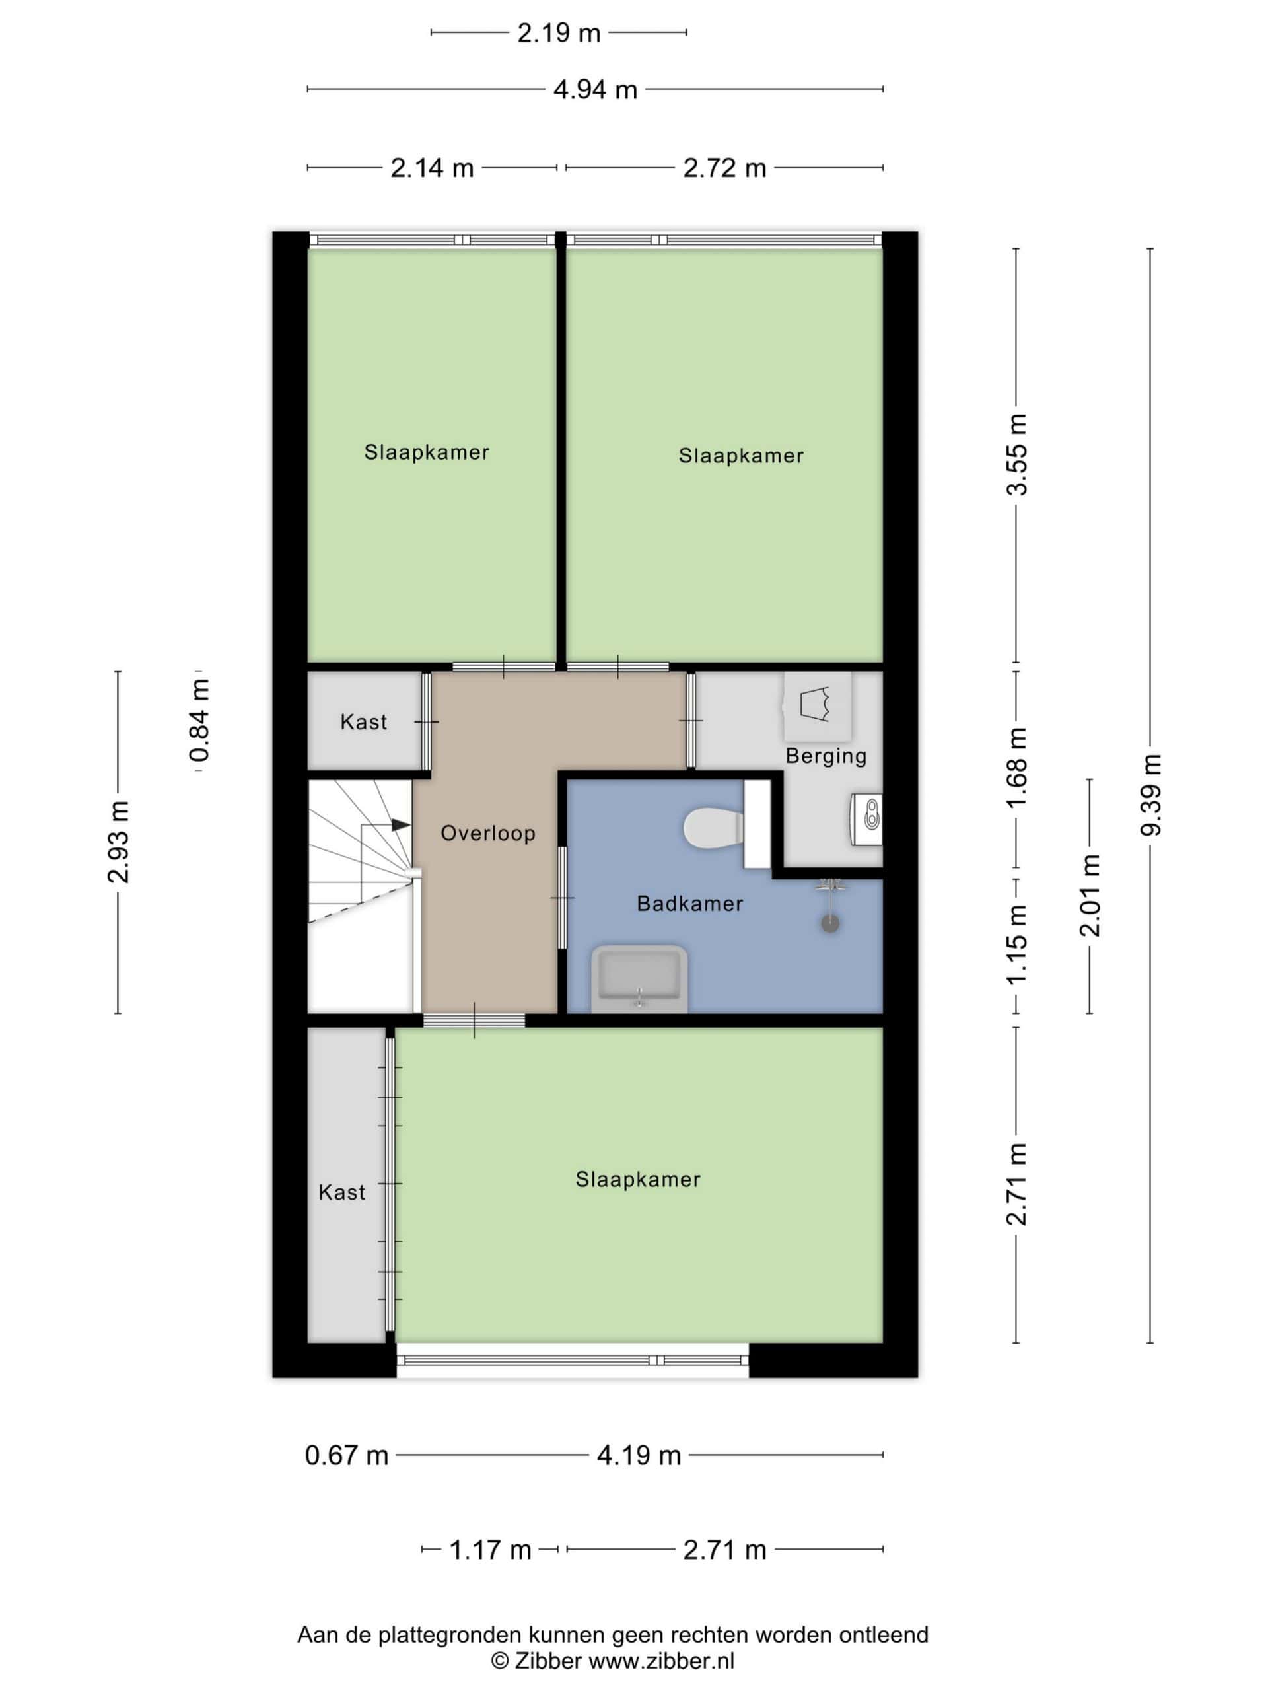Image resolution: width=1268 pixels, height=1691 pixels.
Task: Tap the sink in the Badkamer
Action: click(x=639, y=980)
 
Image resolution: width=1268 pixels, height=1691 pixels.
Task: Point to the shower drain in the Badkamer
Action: click(x=830, y=923)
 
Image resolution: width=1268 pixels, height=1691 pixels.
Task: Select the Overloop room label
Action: click(x=487, y=833)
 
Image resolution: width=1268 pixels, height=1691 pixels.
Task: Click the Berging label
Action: click(x=826, y=756)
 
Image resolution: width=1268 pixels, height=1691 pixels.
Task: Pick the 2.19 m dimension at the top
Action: click(x=559, y=34)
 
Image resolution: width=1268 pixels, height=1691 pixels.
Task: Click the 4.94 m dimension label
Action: click(x=596, y=90)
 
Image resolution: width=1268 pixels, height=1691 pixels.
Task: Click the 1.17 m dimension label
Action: click(x=490, y=1550)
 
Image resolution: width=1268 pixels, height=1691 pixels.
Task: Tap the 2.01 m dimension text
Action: click(x=1089, y=896)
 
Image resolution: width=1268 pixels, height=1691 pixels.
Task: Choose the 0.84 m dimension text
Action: click(x=199, y=721)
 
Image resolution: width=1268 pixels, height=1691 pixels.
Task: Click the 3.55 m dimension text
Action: click(x=1016, y=455)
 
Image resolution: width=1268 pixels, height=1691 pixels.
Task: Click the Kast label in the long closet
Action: click(x=341, y=1192)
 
